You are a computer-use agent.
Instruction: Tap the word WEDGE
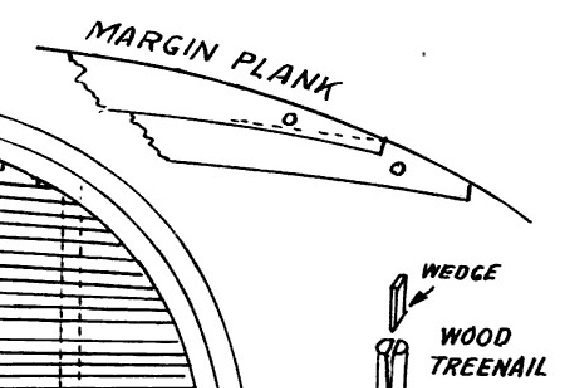click(x=461, y=273)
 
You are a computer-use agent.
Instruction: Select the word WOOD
click(x=475, y=338)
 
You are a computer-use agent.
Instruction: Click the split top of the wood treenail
click(x=392, y=347)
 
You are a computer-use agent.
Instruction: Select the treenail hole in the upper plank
click(x=289, y=118)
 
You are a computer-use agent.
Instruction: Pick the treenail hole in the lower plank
click(x=397, y=168)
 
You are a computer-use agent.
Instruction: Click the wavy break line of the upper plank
click(x=85, y=82)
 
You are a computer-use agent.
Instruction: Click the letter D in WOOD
click(x=501, y=338)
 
